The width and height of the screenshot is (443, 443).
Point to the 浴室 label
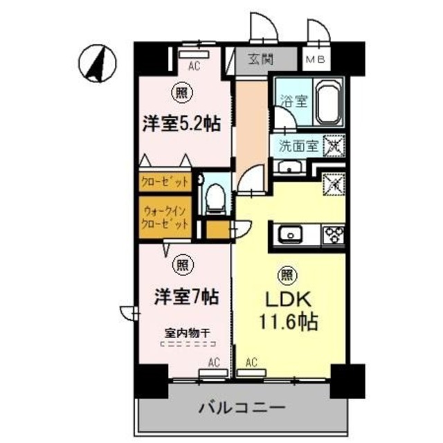click(289, 100)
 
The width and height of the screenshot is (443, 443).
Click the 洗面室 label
click(298, 146)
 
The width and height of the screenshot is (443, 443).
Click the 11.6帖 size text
click(284, 323)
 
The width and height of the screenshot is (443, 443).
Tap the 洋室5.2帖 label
click(181, 125)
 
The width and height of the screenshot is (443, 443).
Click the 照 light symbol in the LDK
click(284, 275)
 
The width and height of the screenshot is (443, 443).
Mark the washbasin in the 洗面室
click(286, 167)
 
